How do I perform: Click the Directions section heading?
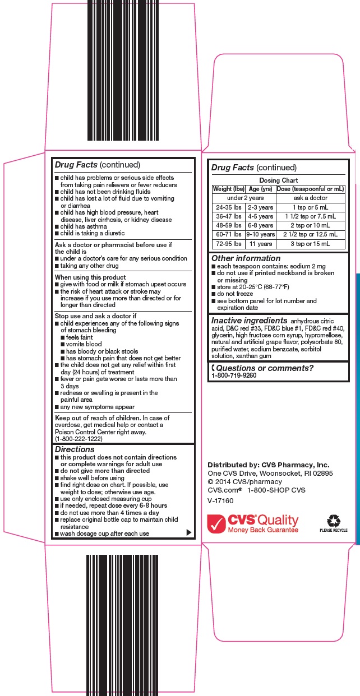click(x=75, y=449)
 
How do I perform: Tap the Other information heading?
click(x=246, y=258)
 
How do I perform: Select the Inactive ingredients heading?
click(x=249, y=321)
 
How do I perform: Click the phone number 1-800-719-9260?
click(x=234, y=375)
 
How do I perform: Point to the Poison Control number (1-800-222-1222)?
click(x=79, y=439)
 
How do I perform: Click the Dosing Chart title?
click(x=278, y=180)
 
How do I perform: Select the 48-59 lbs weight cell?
click(x=229, y=225)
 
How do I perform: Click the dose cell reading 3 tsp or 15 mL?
click(x=310, y=244)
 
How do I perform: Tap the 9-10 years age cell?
click(x=260, y=234)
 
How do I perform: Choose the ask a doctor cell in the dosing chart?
click(x=310, y=198)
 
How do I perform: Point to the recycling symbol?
click(x=333, y=521)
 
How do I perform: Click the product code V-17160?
click(x=220, y=500)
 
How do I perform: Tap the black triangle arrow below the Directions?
click(x=188, y=532)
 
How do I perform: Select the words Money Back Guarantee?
click(x=262, y=530)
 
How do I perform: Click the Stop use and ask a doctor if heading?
click(x=95, y=316)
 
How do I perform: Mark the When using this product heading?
click(x=90, y=277)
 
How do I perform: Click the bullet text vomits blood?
click(x=84, y=344)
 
